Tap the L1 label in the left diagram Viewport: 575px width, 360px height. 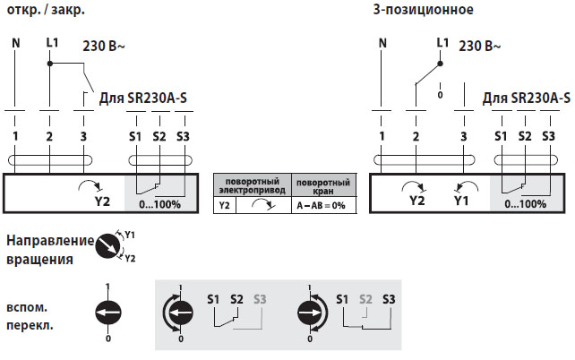pyautogui.click(x=51, y=42)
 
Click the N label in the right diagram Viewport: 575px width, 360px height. pyautogui.click(x=382, y=42)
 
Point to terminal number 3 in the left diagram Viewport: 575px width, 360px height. pyautogui.click(x=83, y=136)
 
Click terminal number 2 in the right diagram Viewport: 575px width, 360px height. pyautogui.click(x=416, y=136)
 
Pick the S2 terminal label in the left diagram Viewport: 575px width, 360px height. pyautogui.click(x=159, y=136)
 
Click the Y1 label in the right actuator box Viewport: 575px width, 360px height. pyautogui.click(x=461, y=201)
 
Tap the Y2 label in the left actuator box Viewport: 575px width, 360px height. pyautogui.click(x=101, y=201)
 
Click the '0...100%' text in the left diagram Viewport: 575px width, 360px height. pyautogui.click(x=163, y=203)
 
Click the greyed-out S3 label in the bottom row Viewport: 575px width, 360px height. pyautogui.click(x=260, y=298)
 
